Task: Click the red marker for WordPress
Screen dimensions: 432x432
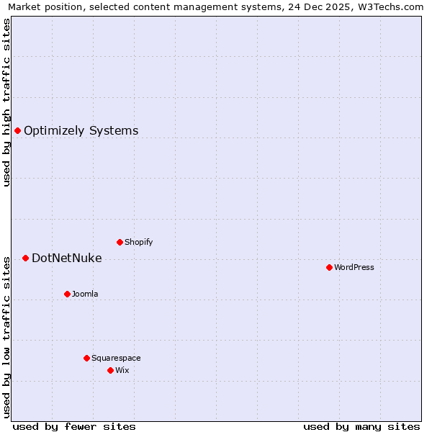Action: [329, 267]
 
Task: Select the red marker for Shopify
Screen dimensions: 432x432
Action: [120, 242]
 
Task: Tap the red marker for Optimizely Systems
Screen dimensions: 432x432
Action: [17, 130]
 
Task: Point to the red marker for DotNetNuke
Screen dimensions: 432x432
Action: [25, 258]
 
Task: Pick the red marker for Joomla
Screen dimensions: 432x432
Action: [67, 294]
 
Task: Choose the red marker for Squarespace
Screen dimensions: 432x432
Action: [86, 358]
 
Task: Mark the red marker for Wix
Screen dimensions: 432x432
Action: [110, 370]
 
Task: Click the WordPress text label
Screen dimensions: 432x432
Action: [354, 267]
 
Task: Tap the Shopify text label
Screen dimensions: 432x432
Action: [138, 242]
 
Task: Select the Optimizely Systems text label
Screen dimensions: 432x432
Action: [81, 130]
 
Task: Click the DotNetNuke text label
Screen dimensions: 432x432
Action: [66, 258]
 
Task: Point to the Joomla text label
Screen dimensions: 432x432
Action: [85, 294]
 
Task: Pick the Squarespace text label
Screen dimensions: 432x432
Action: [116, 358]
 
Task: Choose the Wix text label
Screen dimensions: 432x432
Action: [122, 370]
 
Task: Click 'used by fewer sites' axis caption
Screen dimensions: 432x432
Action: [74, 426]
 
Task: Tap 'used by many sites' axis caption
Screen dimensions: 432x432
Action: [361, 426]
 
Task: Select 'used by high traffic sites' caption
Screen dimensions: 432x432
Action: [6, 102]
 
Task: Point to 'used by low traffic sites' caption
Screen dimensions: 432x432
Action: [6, 336]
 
